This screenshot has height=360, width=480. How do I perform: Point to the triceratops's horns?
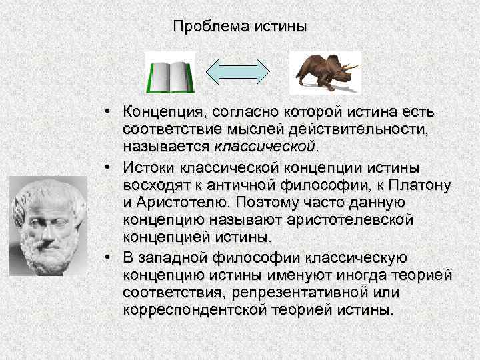pyautogui.click(x=351, y=67)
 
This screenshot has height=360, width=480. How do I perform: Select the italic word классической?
pyautogui.click(x=263, y=145)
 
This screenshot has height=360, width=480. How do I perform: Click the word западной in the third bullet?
pyautogui.click(x=167, y=258)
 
